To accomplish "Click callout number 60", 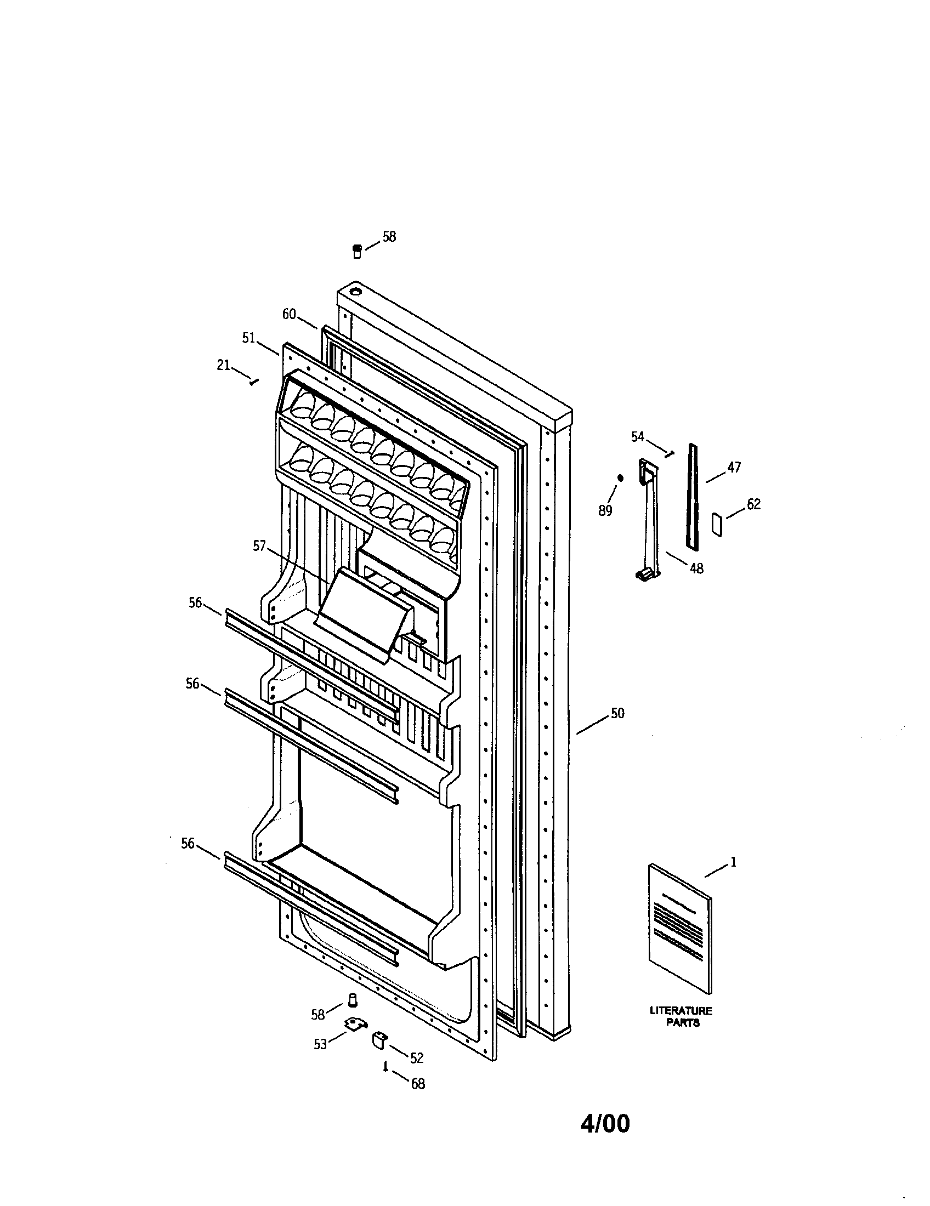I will [x=289, y=314].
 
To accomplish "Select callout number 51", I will [x=248, y=338].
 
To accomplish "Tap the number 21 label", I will [x=223, y=365].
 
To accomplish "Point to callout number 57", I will [x=259, y=546].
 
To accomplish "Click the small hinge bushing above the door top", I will [x=357, y=252].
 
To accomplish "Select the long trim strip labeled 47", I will [x=693, y=497].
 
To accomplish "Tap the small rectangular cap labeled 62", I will [x=718, y=524].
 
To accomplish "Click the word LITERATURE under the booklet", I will [x=681, y=1011].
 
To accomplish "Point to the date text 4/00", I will [x=605, y=1124].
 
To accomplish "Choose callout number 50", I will [x=617, y=713].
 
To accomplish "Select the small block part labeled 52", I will [x=378, y=1039].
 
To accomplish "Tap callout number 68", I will [x=418, y=1084].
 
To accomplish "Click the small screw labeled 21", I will [x=253, y=382].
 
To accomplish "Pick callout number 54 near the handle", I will [x=638, y=437].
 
